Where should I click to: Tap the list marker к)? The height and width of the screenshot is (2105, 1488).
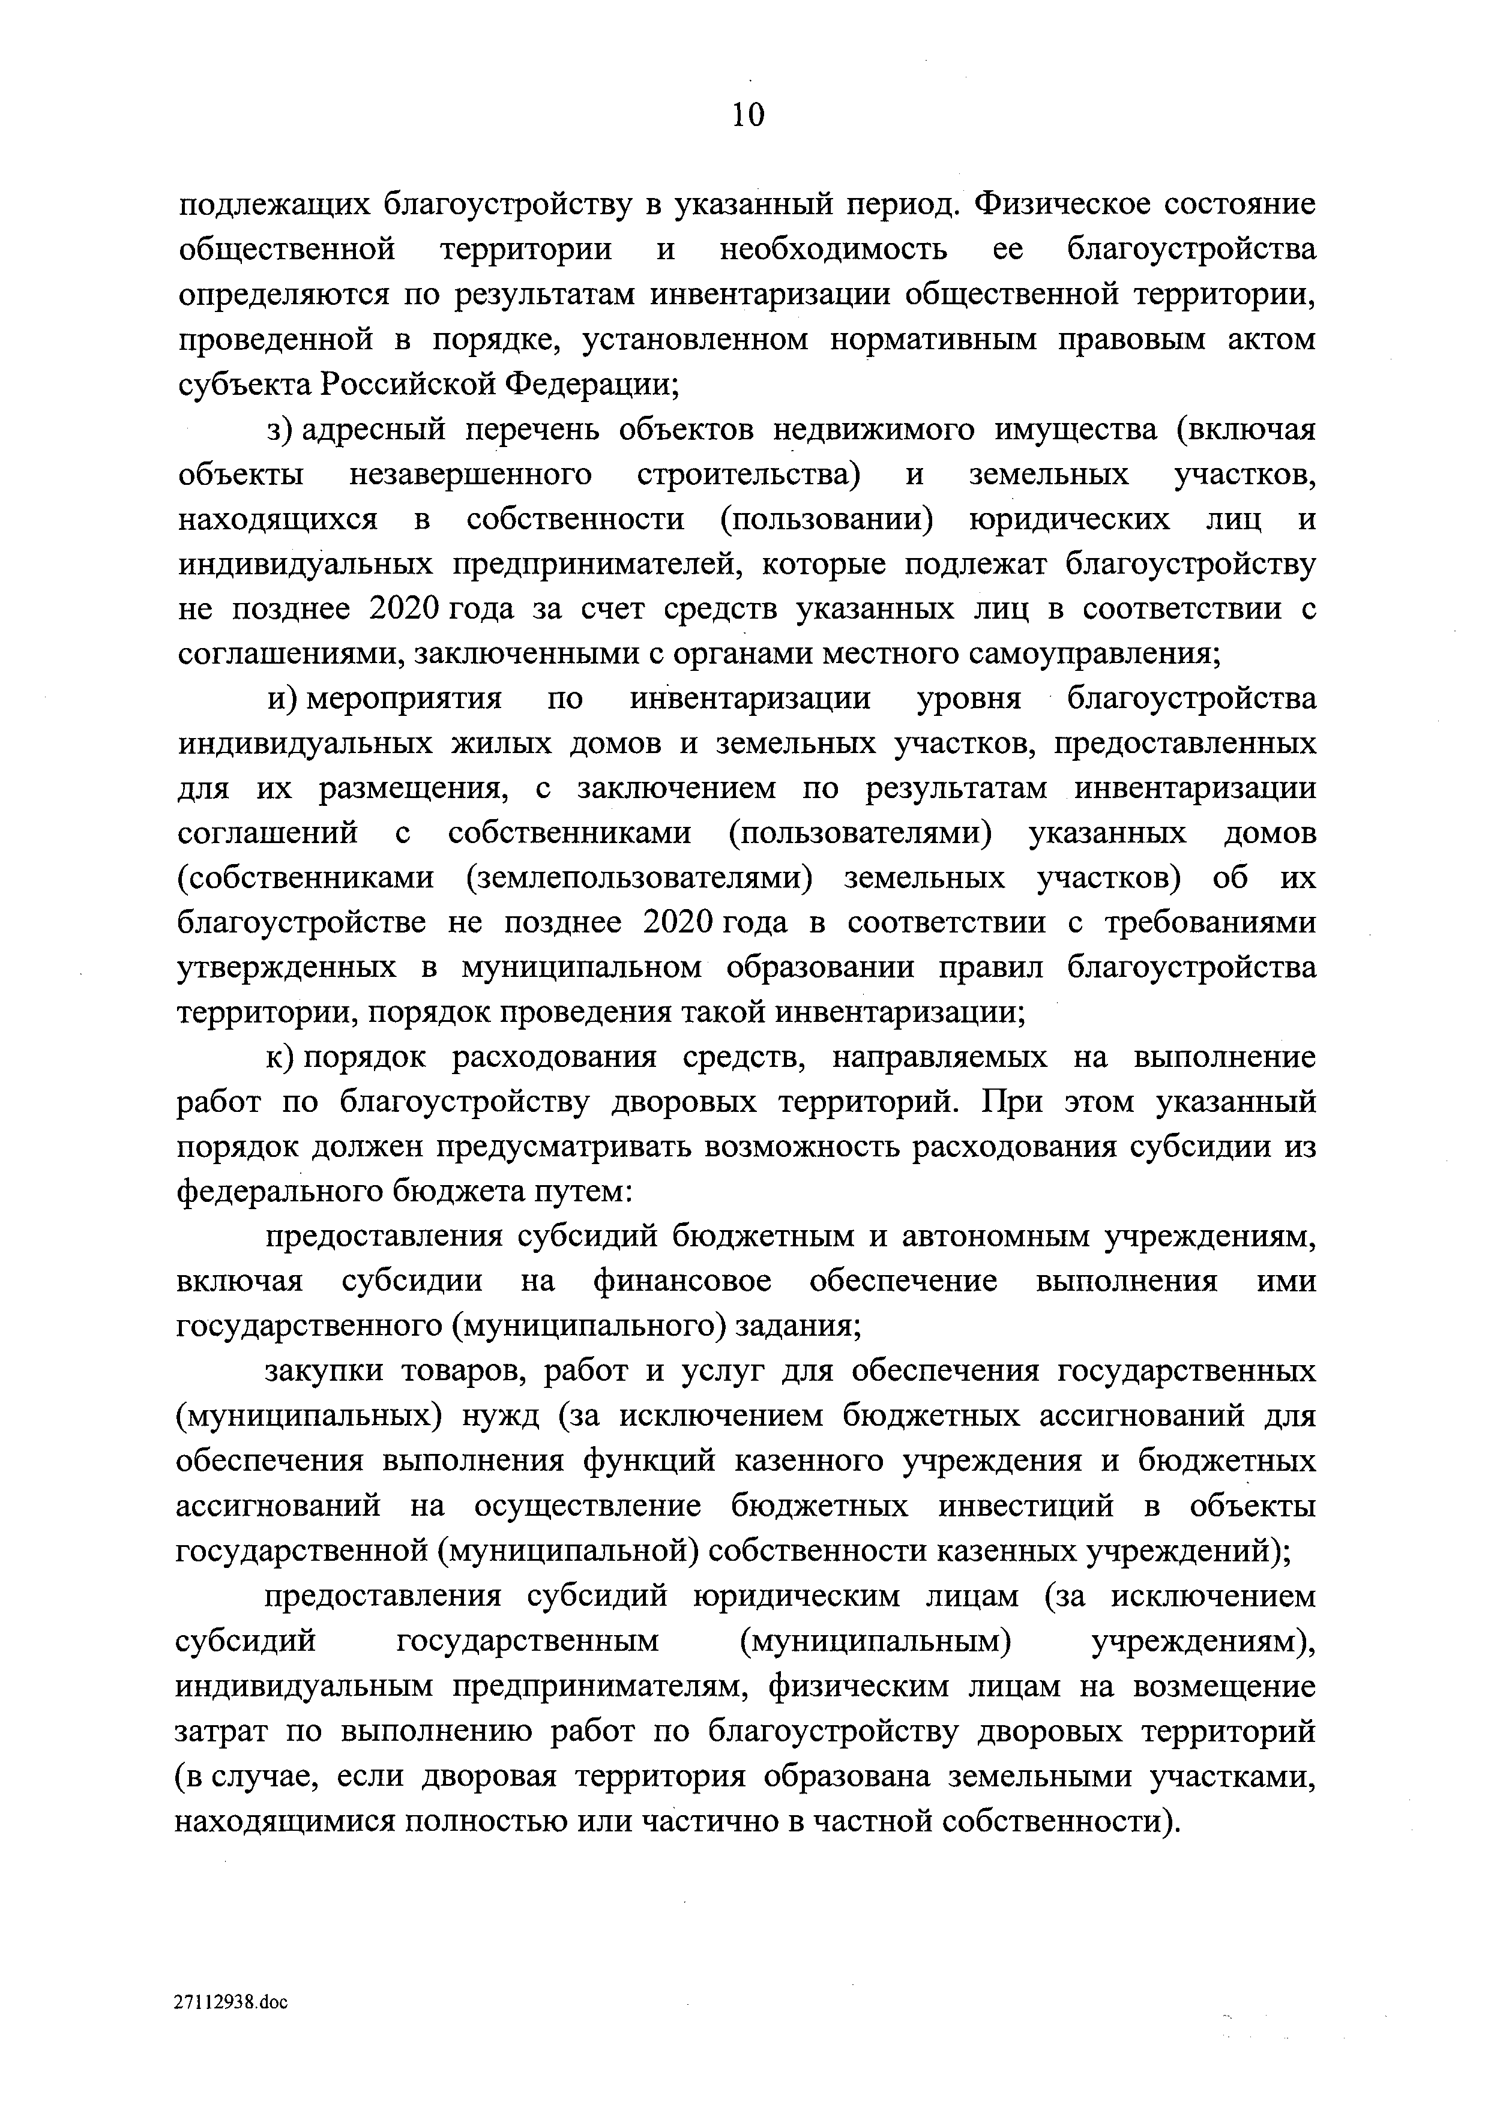click(280, 1058)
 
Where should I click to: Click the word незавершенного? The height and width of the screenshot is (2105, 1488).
click(471, 474)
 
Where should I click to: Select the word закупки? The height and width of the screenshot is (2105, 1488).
click(321, 1371)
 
